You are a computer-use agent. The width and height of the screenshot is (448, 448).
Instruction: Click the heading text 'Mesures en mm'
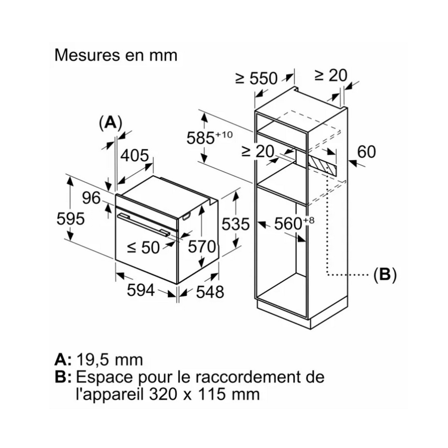point(116,55)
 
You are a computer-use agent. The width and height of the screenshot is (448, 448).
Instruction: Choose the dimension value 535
point(235,224)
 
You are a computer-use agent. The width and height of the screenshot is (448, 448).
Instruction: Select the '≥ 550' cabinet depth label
point(256,78)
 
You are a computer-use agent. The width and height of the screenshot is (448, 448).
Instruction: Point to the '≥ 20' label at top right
point(331,75)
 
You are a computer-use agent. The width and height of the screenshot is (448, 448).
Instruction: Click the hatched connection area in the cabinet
point(322,164)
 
